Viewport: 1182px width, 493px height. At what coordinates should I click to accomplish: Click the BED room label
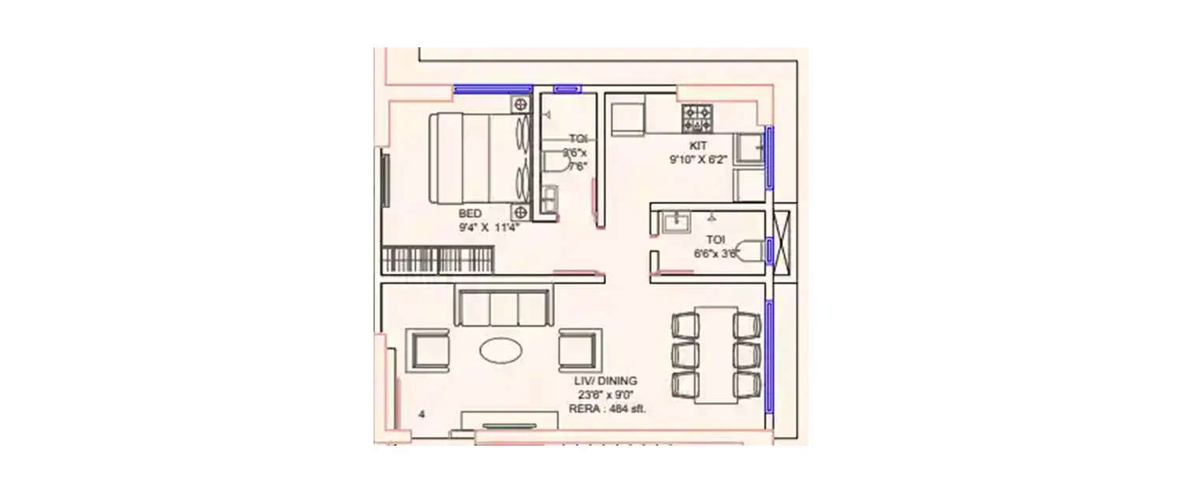pos(471,214)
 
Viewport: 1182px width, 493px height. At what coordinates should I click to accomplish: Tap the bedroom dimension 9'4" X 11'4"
pos(485,227)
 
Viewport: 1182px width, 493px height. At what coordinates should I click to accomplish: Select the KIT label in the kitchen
pos(698,145)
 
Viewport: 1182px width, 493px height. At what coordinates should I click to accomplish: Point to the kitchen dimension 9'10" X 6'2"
pos(698,159)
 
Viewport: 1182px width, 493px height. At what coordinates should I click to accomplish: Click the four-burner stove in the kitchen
pos(698,118)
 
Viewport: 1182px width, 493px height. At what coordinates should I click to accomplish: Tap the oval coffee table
pos(503,350)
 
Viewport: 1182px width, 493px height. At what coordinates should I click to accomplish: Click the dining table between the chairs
pos(716,353)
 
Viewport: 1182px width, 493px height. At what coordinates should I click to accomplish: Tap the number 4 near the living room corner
pos(422,413)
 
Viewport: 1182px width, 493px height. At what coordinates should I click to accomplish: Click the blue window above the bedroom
pos(493,88)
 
